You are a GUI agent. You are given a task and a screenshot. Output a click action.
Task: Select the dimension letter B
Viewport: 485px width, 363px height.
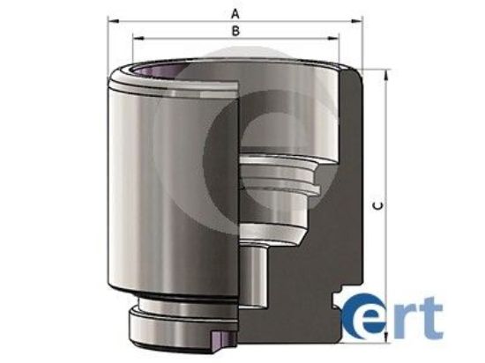coord(235,29)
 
